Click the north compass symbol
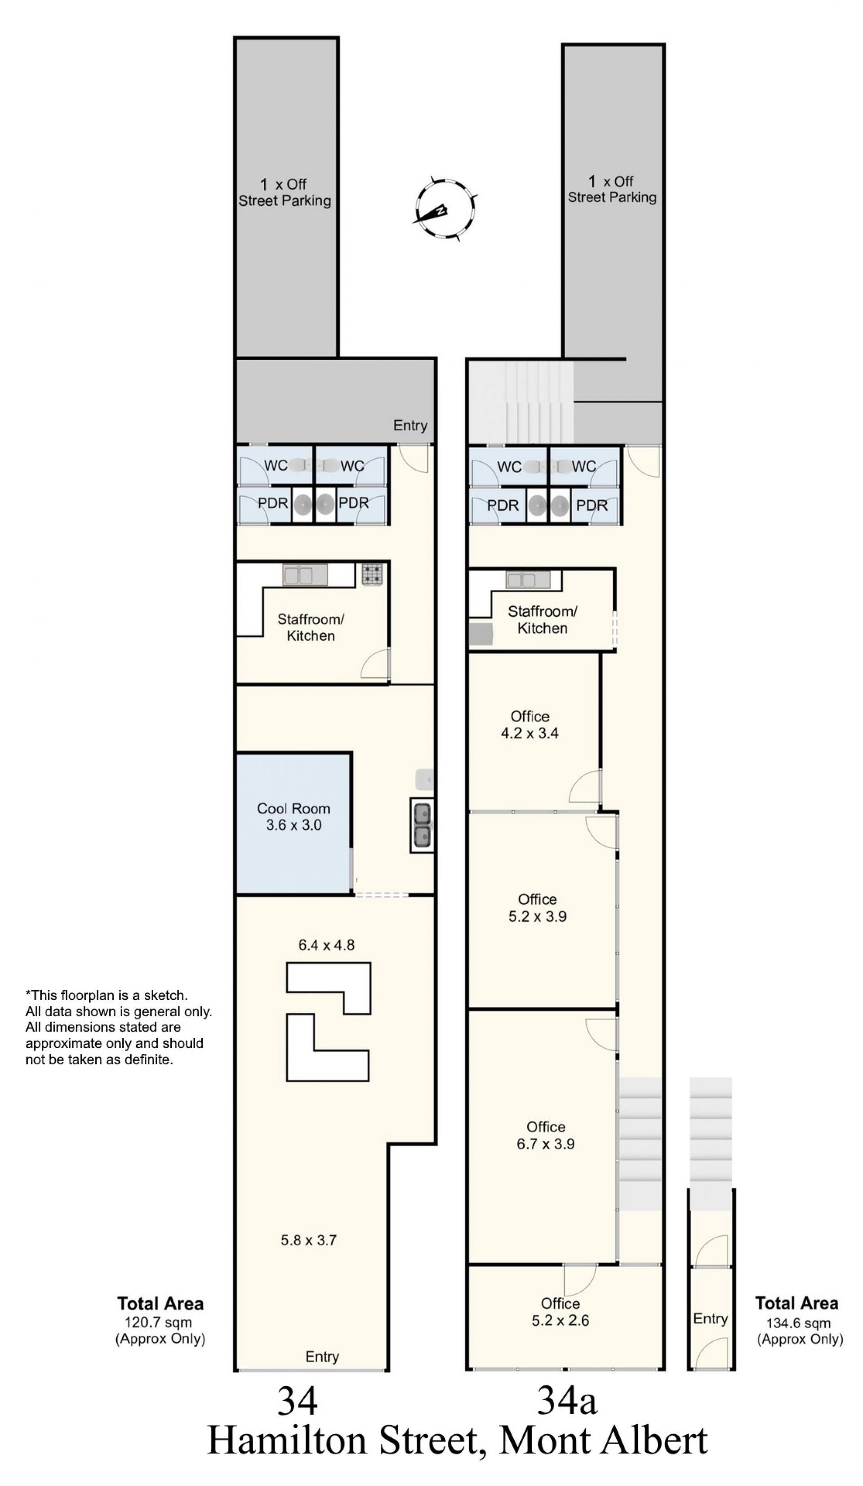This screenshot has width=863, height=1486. [x=444, y=209]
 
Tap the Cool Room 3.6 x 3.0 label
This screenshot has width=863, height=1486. [x=293, y=817]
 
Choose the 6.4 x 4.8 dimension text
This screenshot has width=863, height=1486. [x=326, y=945]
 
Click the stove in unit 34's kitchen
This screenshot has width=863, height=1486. [x=372, y=574]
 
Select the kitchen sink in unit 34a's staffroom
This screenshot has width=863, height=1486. [x=528, y=580]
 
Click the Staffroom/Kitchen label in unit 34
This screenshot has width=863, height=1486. [x=311, y=627]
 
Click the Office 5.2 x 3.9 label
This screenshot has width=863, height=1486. [x=537, y=908]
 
